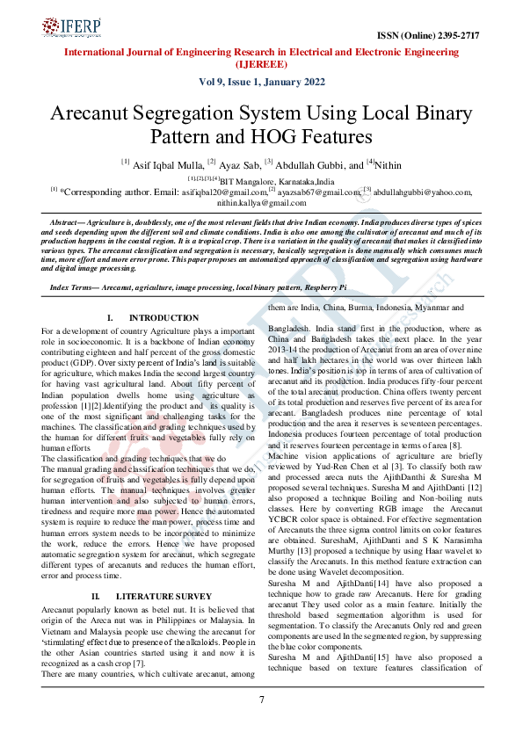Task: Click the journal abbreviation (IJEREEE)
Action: pos(261,64)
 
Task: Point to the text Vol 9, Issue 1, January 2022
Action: pos(261,83)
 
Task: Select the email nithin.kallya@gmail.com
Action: pos(261,201)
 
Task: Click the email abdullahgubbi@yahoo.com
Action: pos(423,191)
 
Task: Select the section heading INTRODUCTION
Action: pos(163,317)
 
